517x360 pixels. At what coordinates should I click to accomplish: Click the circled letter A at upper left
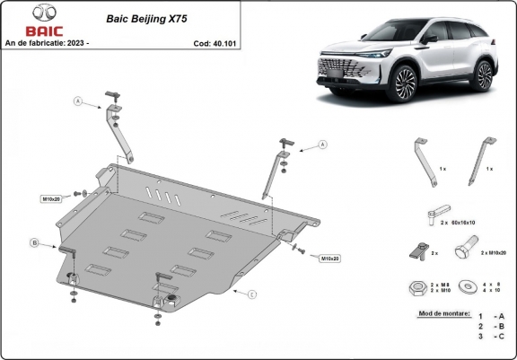(x=78, y=101)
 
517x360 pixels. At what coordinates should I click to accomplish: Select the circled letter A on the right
(x=320, y=144)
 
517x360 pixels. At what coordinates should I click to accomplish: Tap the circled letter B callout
(x=34, y=242)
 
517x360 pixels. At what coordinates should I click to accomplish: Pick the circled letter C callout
(x=252, y=294)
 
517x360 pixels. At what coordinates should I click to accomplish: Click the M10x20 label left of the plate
(x=52, y=198)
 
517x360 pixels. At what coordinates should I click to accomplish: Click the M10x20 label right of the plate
(x=329, y=259)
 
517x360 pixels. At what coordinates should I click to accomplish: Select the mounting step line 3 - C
(x=491, y=337)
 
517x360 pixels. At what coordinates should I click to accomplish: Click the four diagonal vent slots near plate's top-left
(x=156, y=193)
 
